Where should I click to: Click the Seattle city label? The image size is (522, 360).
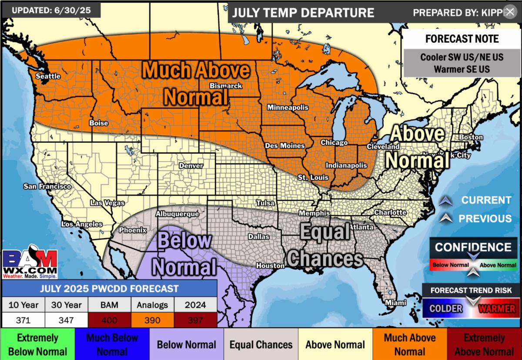[48, 76]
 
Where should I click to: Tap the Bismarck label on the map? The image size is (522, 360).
[226, 86]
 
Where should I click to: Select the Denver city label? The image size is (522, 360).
[191, 166]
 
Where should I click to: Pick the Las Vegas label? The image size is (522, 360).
[107, 203]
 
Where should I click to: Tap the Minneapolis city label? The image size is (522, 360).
[288, 108]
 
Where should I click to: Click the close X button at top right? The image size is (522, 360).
[510, 12]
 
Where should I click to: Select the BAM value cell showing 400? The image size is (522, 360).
[110, 320]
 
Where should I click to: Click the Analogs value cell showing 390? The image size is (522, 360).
[153, 320]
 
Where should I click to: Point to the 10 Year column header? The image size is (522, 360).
[23, 305]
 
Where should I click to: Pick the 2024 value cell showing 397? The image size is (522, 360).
[195, 320]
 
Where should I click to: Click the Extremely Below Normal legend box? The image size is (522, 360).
[37, 344]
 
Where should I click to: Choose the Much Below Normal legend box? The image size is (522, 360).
[112, 344]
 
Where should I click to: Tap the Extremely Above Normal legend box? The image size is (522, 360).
[484, 344]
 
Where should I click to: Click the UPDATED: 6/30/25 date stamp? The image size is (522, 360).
[51, 10]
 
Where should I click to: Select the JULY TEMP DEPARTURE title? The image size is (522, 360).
[303, 13]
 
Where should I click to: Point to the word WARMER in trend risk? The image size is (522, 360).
[496, 309]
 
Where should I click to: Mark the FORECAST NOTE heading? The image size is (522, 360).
[462, 39]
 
